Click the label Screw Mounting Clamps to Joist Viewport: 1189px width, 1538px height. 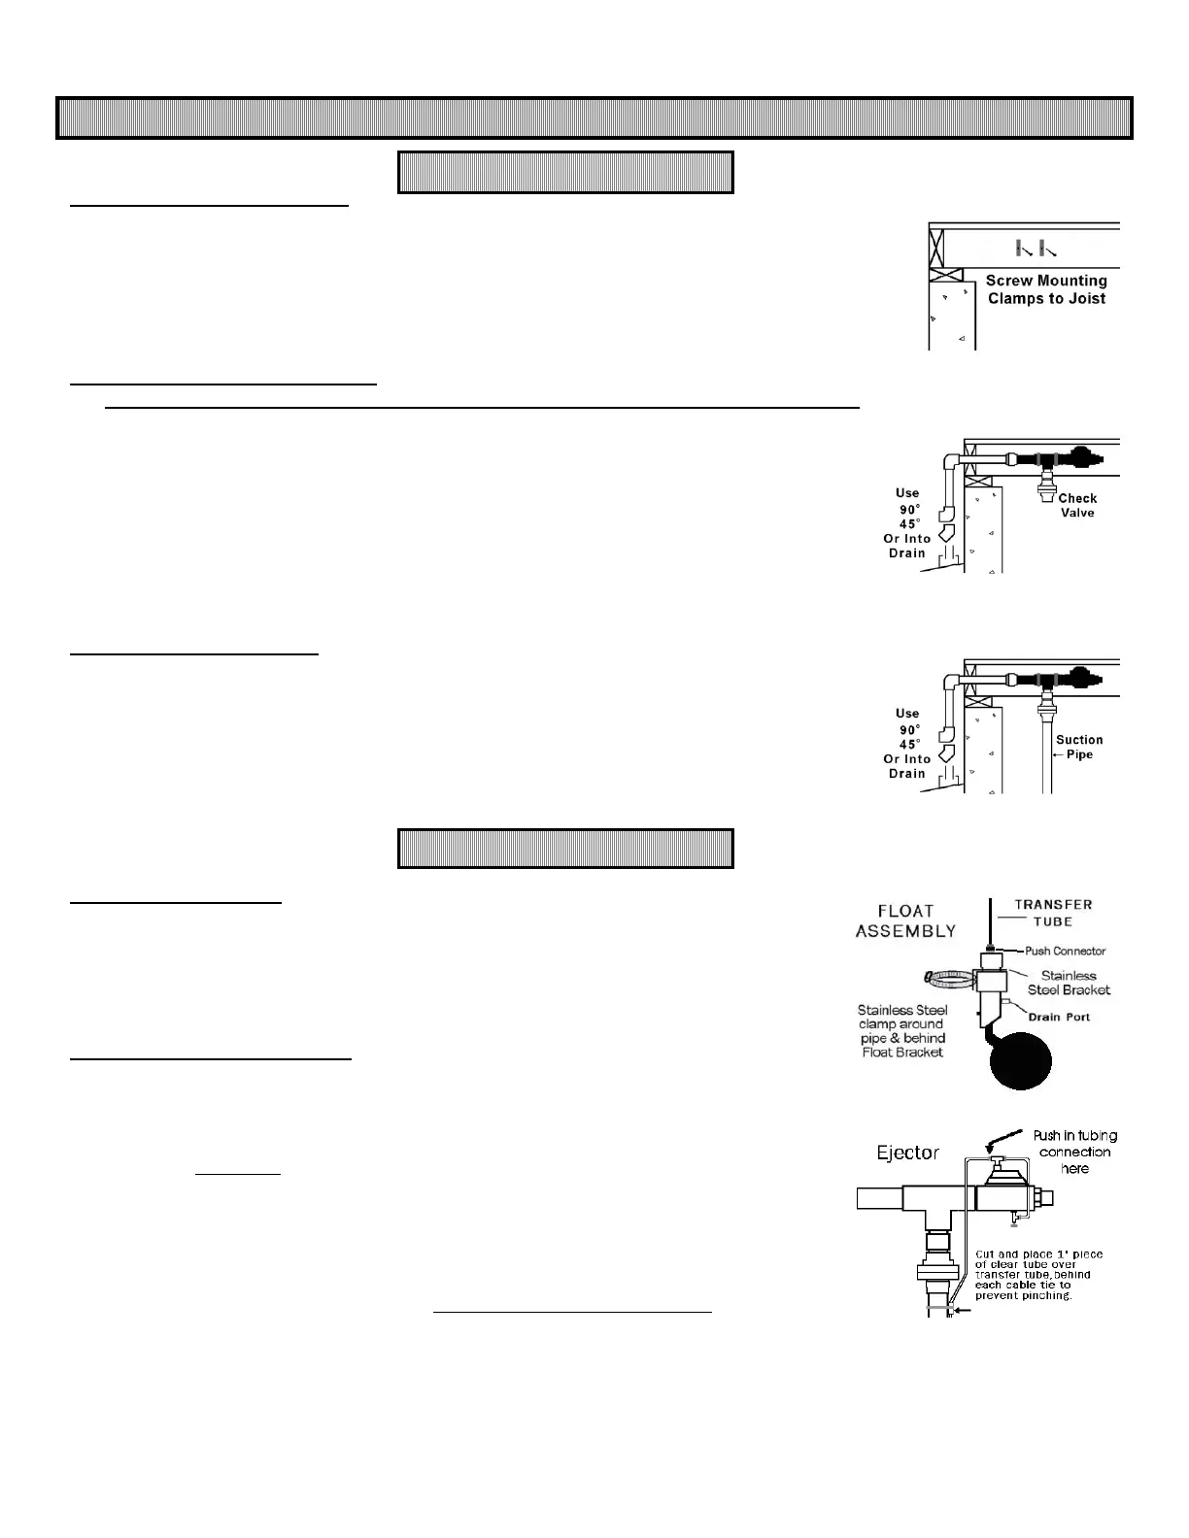click(1046, 289)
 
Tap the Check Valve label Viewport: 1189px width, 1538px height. click(1077, 505)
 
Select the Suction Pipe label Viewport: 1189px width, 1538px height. click(1079, 747)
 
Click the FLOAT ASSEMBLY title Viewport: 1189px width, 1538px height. click(905, 920)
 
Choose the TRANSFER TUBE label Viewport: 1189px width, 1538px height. click(1053, 913)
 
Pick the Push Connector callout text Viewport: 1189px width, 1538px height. click(1065, 951)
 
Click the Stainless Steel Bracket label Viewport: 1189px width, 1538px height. click(1069, 983)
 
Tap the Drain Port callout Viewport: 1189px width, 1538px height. click(1059, 1017)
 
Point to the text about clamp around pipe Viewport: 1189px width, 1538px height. click(902, 1031)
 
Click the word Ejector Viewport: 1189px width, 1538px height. click(908, 1153)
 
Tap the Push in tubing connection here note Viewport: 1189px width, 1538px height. click(1074, 1152)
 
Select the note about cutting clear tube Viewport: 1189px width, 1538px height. click(1037, 1275)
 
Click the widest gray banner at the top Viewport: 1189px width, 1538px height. click(594, 117)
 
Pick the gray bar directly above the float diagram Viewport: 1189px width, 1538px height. click(565, 848)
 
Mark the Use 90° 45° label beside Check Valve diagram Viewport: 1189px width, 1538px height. click(907, 509)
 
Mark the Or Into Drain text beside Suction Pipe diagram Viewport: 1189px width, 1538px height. click(907, 766)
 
